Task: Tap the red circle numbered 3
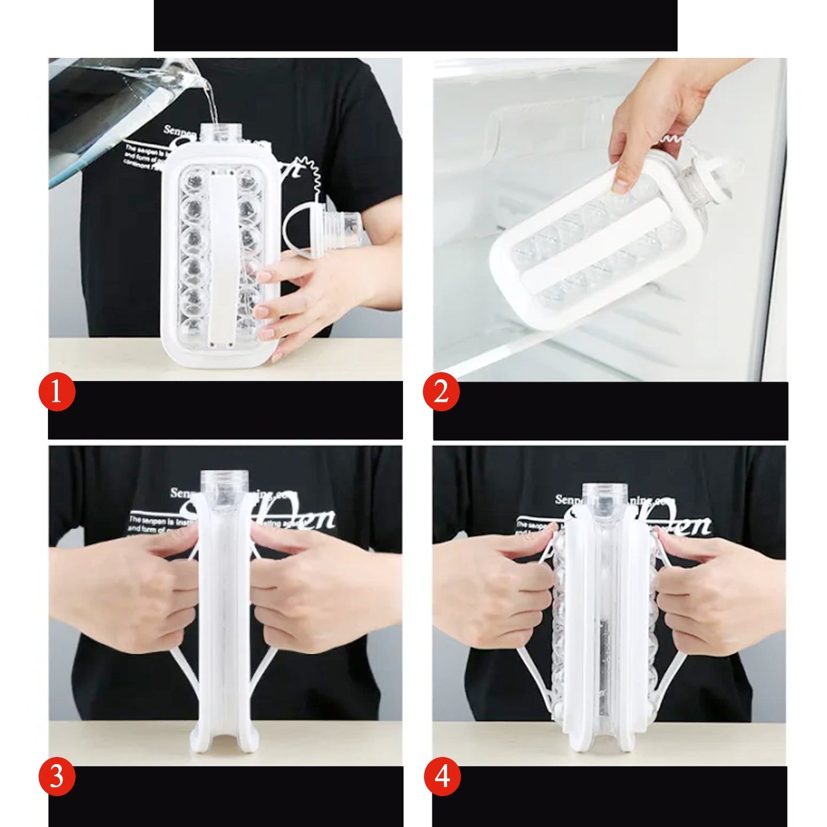(x=57, y=779)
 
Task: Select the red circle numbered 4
(x=441, y=779)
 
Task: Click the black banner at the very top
(x=415, y=25)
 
